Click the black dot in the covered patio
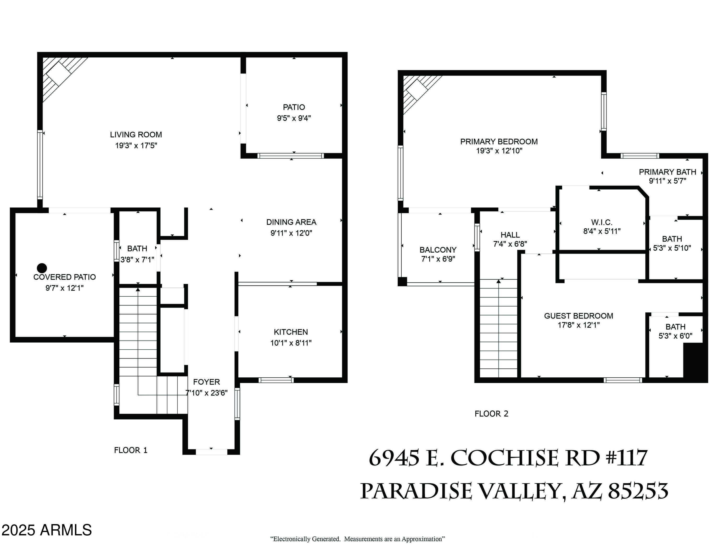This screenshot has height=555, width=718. pos(42,268)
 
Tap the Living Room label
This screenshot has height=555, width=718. pos(136,135)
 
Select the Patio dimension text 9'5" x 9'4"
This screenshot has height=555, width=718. pos(294,118)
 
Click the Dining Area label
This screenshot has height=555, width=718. pos(291,222)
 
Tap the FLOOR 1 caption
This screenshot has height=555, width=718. pos(130,450)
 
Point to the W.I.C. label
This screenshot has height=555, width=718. pos(602,222)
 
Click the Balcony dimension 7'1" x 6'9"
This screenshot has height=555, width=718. pos(438,259)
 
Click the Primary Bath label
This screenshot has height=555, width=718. pos(667,172)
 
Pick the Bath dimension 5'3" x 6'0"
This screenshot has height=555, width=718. pos(675,336)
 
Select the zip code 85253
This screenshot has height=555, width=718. pos(638,491)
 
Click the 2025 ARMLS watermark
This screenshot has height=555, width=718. pos(46,530)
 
